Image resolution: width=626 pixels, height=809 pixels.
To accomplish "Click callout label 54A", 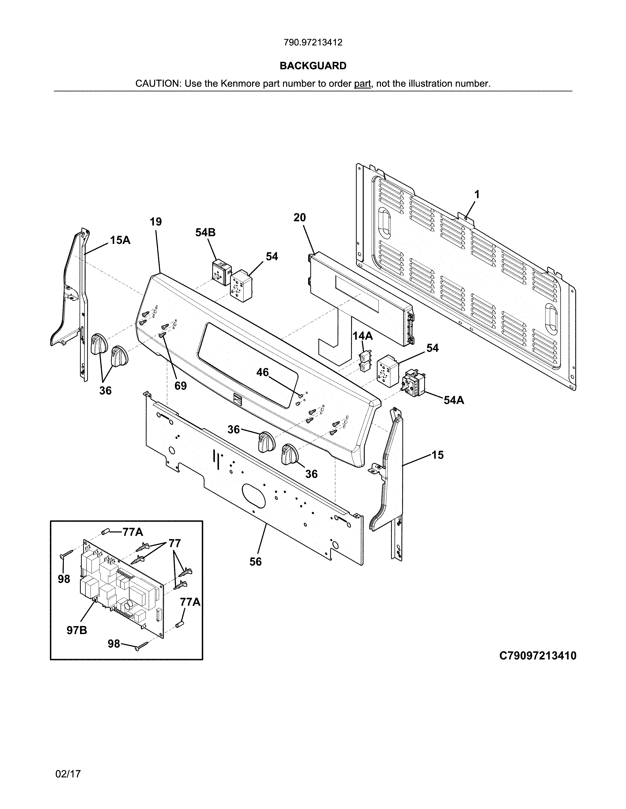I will tap(454, 400).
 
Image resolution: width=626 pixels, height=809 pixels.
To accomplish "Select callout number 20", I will tap(300, 217).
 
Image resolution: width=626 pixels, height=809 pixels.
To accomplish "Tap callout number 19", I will tap(156, 222).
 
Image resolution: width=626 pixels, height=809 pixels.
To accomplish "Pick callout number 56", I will tap(256, 562).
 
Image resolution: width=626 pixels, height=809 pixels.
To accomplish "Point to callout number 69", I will tap(181, 386).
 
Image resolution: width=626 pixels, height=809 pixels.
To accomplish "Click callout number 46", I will tap(263, 372).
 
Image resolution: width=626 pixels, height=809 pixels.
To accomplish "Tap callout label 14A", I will tap(362, 336).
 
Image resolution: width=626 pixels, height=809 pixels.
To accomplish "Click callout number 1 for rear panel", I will tap(477, 194).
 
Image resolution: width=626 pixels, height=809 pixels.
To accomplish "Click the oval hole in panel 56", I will tap(254, 495).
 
